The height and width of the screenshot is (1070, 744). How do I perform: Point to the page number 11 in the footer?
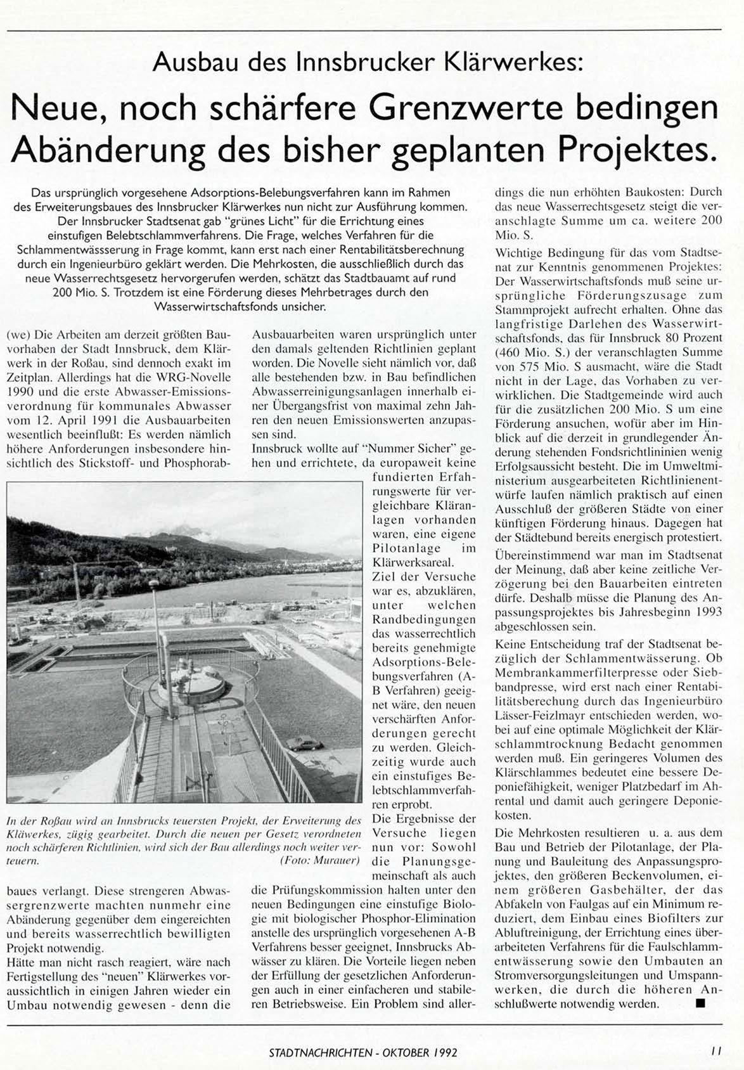click(715, 1050)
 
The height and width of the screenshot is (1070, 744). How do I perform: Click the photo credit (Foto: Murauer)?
click(319, 861)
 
